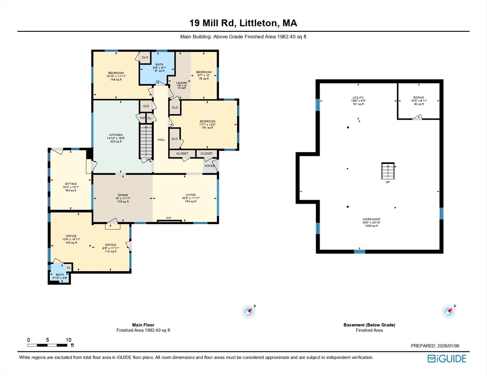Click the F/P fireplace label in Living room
pos(169,218)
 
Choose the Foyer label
pos(210,166)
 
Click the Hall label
pos(161,140)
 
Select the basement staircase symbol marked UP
pos(387,171)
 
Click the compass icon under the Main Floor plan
pos(249,311)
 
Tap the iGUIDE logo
pos(446,359)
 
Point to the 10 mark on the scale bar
pos(69,340)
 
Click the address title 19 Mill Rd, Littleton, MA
pos(243,23)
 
